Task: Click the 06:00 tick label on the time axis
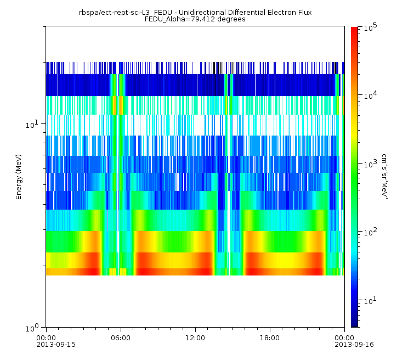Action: tap(120, 337)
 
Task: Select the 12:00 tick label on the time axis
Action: tap(195, 337)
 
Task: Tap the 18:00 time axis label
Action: tap(269, 337)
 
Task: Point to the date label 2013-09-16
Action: tap(344, 345)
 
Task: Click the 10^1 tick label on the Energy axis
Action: tap(33, 124)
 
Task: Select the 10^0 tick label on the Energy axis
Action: tap(33, 328)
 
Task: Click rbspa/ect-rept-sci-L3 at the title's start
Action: tap(114, 12)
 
